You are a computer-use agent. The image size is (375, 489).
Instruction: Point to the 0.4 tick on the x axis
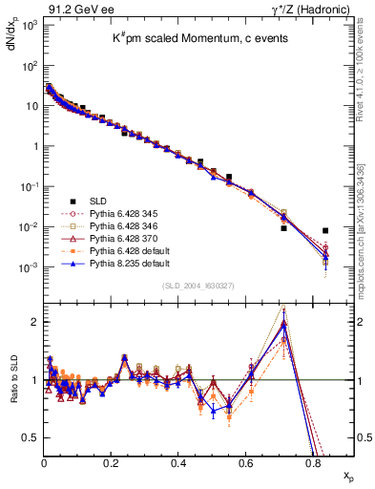point(178,462)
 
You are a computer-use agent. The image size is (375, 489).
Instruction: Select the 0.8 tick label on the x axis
point(313,462)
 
